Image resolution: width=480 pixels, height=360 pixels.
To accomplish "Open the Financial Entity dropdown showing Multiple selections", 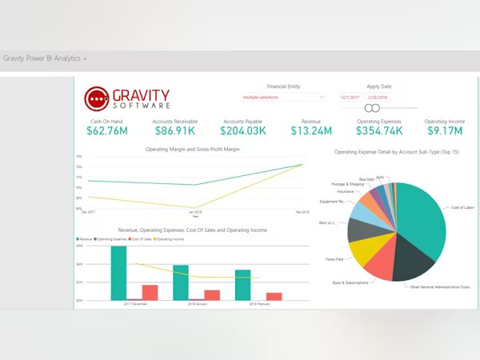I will point(283,97).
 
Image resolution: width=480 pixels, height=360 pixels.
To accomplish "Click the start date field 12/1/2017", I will point(350,97).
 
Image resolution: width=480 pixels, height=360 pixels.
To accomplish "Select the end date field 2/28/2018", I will point(377,97).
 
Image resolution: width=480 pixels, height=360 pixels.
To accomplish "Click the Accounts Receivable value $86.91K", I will point(174,130).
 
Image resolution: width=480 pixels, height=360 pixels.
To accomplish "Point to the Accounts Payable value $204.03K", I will point(243,130).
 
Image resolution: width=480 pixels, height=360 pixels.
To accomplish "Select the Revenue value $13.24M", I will point(306,130).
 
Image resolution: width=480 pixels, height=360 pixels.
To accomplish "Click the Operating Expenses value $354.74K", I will point(378,130).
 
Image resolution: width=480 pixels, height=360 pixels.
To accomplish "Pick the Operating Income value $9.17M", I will point(444,130).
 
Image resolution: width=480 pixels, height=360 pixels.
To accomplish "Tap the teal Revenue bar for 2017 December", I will point(118,273).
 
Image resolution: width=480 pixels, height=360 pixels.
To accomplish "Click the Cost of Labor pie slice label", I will point(462,207).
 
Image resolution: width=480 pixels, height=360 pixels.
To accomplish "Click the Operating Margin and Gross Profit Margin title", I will point(193,149).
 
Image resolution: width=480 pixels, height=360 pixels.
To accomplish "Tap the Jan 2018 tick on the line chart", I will point(194,213).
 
